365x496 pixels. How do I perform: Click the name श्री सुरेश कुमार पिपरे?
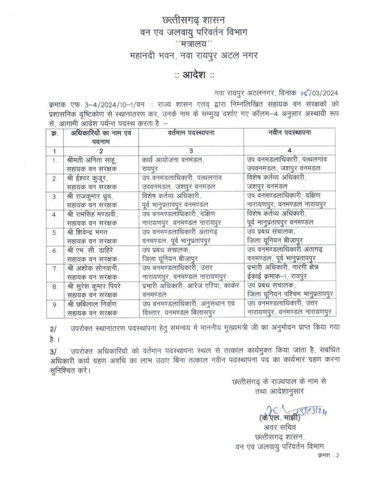pos(97,286)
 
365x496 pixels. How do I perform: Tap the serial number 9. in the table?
pos(56,304)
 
